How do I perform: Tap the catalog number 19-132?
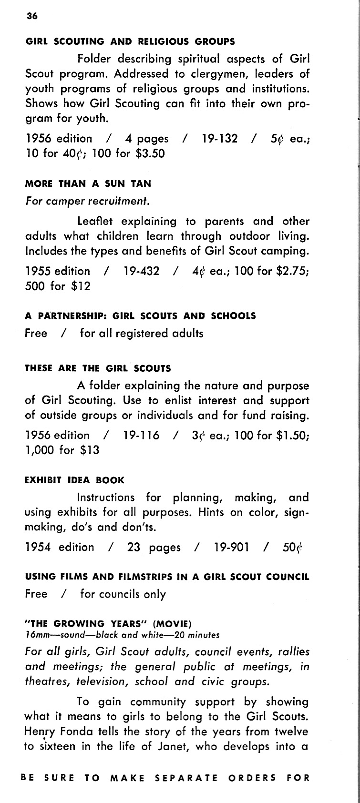coord(219,139)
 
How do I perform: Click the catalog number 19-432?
coord(141,271)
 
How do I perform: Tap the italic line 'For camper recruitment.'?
coord(87,201)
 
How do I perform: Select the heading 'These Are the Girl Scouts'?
coord(97,368)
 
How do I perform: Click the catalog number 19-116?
coord(141,435)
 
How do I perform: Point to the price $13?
coord(90,450)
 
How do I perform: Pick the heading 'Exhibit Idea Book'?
coord(74,480)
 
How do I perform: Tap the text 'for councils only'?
coord(123,594)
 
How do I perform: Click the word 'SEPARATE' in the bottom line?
coord(186,778)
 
